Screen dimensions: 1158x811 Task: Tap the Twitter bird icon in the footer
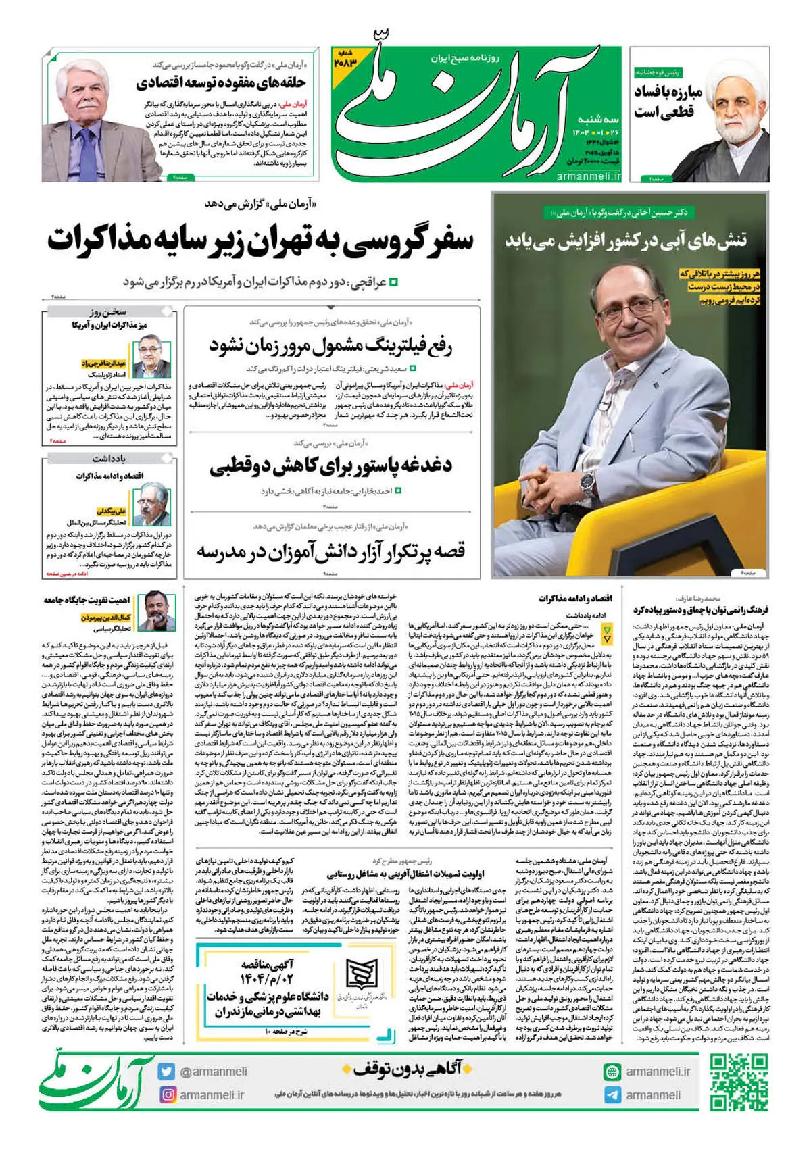tap(167, 1072)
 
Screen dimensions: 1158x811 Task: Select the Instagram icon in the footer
tap(167, 1094)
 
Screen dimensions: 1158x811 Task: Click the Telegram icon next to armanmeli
tap(612, 1095)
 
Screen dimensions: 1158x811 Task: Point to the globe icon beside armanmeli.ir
tap(612, 1072)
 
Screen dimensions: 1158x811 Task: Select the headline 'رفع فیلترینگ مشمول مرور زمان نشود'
tap(330, 347)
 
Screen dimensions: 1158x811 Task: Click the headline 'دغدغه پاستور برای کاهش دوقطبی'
tap(330, 466)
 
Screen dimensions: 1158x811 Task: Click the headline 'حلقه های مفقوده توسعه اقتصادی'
tap(221, 84)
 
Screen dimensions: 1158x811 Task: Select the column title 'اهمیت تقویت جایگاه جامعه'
tap(87, 600)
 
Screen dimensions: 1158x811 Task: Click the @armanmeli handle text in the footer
tap(213, 1072)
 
